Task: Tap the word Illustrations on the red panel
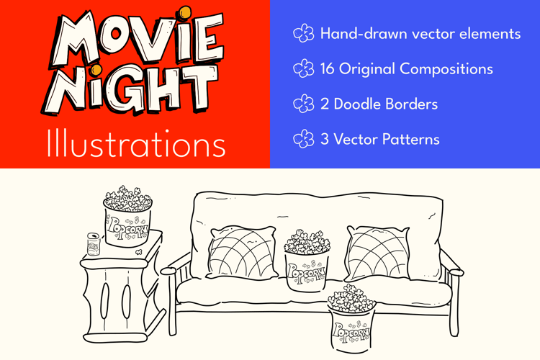coord(136,144)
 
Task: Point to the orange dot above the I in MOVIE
coord(185,12)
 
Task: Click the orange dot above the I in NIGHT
coord(96,70)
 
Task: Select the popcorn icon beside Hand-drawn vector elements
coord(303,33)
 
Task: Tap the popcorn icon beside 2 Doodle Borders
coord(303,104)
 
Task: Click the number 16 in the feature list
coord(327,68)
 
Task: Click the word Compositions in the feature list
coord(446,69)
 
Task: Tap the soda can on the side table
coord(94,244)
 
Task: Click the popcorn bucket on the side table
coord(127,217)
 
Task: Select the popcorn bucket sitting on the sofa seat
coord(307,261)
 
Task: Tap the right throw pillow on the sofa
coord(378,253)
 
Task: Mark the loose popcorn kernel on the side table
coord(139,252)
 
